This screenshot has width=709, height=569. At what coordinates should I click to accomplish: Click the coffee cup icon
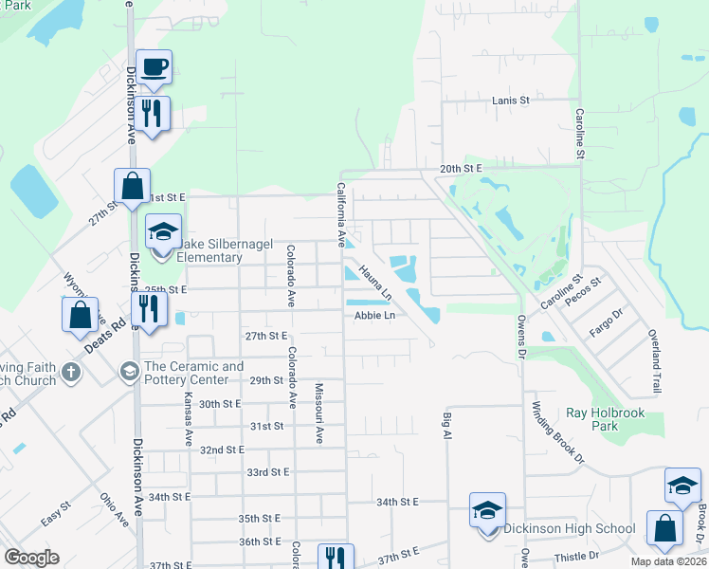click(154, 67)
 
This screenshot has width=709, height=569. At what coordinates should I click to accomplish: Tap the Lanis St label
click(510, 100)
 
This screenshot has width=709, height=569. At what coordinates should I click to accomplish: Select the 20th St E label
click(461, 168)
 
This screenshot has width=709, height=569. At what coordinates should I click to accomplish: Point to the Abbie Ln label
click(374, 316)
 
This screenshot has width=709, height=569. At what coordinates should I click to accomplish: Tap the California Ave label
click(340, 214)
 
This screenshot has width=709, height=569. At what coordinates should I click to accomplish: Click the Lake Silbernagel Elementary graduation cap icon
click(163, 231)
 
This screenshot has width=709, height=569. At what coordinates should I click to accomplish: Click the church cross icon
click(72, 373)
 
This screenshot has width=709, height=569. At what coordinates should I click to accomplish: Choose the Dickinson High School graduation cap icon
click(487, 511)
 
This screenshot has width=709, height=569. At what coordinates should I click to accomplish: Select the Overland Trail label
click(654, 361)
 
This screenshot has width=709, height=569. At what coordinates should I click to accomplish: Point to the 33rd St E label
click(267, 471)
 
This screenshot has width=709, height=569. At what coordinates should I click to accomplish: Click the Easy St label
click(56, 516)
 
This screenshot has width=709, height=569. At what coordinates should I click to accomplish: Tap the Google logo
click(32, 558)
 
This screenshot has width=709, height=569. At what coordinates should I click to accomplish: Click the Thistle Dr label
click(579, 555)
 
